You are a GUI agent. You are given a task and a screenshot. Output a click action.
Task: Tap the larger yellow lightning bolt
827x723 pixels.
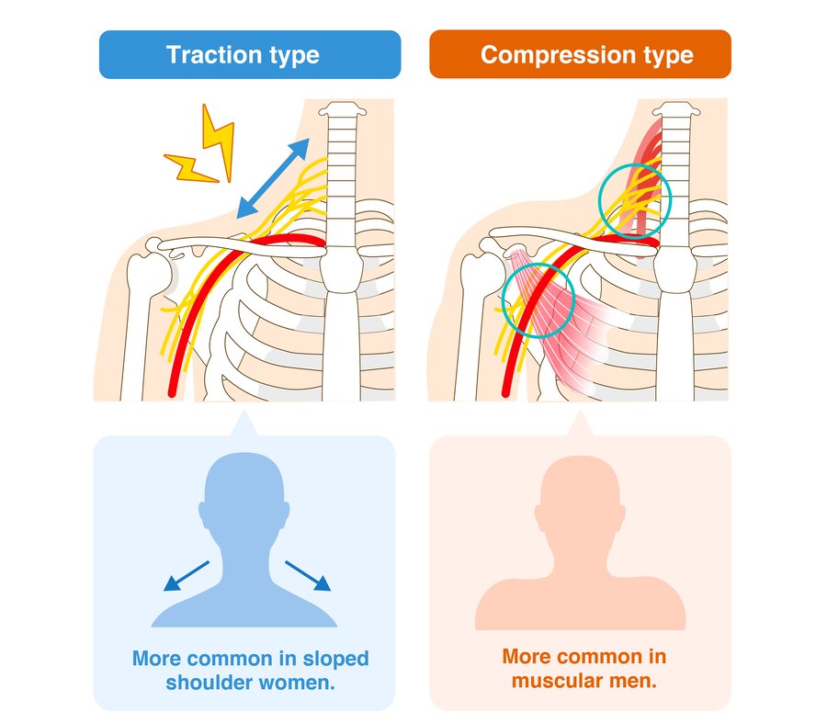coord(219,142)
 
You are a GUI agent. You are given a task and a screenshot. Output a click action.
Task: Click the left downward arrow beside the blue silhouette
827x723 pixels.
coord(187,576)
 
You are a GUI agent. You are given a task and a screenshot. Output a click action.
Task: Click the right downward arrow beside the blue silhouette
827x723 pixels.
coord(308,576)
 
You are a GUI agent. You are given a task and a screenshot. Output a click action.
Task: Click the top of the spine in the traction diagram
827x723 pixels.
coord(343,109)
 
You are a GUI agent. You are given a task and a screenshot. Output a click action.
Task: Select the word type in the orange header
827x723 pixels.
coord(669,55)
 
